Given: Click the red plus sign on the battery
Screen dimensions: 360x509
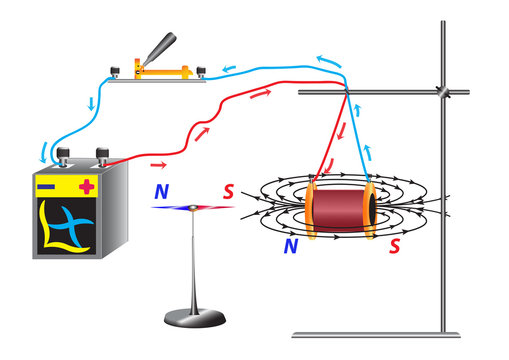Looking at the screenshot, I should (x=86, y=185).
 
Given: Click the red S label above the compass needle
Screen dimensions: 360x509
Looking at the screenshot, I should (x=228, y=190).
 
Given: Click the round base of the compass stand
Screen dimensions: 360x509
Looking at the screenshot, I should (x=196, y=318).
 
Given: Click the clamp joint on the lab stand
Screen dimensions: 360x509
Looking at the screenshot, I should (x=442, y=91).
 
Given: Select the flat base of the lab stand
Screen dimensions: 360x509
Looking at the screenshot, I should (x=375, y=334).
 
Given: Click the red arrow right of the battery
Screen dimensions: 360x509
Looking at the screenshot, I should (x=157, y=164).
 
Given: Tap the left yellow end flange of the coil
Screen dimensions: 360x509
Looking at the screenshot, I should (x=312, y=206).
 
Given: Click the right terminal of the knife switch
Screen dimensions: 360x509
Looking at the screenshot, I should (x=201, y=71).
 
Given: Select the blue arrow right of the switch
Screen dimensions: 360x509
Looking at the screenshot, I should (x=230, y=68).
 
